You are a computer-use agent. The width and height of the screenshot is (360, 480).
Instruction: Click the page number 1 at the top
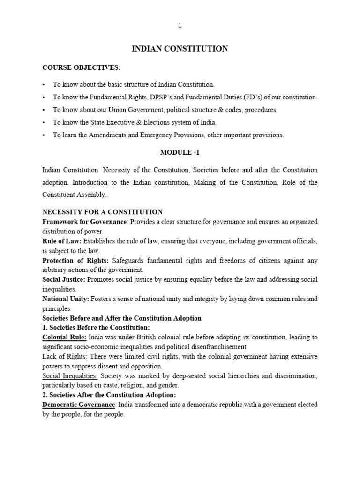coord(180,26)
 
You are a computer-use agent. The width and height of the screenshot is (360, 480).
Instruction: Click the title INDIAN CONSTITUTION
coord(180,49)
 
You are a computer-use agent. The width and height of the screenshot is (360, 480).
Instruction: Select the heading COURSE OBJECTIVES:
coord(82,67)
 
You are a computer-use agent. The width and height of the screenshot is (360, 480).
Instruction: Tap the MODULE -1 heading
coord(180,152)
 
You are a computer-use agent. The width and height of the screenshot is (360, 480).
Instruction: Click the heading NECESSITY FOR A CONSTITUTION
coord(103,212)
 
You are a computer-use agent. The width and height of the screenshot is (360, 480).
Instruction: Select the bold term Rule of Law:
coord(62,241)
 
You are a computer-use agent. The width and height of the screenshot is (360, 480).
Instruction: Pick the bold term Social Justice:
coord(64,279)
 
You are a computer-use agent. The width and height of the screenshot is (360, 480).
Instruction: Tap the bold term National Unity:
coord(66,299)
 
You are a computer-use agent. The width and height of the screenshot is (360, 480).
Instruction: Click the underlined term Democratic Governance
coord(78,405)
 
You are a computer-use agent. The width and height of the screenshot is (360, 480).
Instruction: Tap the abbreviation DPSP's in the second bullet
coord(178,97)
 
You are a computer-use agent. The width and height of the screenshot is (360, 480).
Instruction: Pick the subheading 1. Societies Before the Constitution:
coord(96,328)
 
